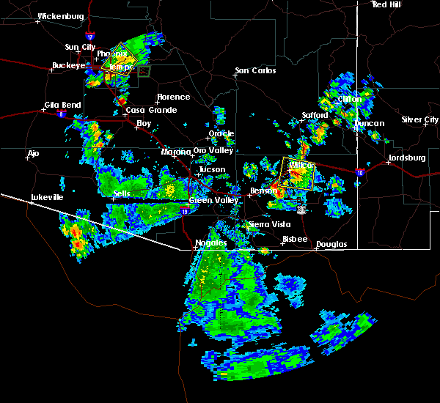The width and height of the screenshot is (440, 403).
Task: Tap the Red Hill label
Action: coord(387,4)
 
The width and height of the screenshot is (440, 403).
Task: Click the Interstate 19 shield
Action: coord(184,210)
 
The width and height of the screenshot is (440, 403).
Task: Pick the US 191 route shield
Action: coord(301,210)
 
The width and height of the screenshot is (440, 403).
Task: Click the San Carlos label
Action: coord(255,71)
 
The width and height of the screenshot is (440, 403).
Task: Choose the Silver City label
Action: coord(420,119)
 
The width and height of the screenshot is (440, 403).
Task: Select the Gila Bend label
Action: coord(62,105)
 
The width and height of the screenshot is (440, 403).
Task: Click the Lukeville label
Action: coord(48,198)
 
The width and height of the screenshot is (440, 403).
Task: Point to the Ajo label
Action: coord(33,154)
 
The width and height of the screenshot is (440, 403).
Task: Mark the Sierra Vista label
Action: coord(268,224)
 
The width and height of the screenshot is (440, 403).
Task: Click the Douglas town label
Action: coord(331,244)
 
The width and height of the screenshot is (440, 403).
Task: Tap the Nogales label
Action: coord(210,243)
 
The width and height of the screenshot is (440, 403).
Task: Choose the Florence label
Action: coord(173,97)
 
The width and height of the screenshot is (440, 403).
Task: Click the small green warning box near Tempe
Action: coord(144,71)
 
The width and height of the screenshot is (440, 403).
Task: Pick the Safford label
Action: coord(314,116)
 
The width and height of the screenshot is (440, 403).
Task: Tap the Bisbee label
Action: coord(294,239)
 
